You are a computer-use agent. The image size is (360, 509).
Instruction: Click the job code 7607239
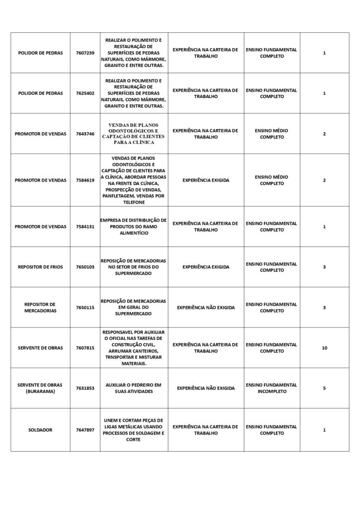[85, 53]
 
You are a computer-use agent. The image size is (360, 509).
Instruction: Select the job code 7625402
[85, 93]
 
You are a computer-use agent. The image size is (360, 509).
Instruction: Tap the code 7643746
[85, 134]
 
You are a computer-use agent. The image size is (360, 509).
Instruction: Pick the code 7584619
[85, 180]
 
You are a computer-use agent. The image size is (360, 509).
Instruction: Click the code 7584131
[85, 227]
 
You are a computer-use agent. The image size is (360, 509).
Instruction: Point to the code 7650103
[85, 267]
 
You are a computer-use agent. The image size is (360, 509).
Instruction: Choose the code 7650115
[85, 308]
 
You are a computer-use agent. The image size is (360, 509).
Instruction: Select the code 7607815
[85, 348]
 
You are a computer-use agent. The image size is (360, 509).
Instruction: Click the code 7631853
[85, 388]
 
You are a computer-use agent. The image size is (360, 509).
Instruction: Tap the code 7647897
[85, 429]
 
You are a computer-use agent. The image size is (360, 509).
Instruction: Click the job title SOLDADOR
[40, 429]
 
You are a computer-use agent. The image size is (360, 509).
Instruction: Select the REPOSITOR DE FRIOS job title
[40, 267]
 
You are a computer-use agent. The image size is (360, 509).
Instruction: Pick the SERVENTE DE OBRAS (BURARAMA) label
[40, 388]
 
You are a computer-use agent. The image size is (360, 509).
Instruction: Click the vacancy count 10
[324, 348]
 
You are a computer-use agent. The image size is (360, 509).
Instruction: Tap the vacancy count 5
[324, 388]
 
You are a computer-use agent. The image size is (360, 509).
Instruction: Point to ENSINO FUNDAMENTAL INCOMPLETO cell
[271, 388]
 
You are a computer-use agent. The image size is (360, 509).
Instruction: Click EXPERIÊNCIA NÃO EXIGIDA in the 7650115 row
[205, 308]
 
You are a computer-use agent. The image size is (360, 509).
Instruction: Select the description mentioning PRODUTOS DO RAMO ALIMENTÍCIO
[134, 227]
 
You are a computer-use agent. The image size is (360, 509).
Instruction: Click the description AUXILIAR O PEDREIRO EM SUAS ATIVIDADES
[134, 388]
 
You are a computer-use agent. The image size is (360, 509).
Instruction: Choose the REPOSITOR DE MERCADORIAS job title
[40, 308]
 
